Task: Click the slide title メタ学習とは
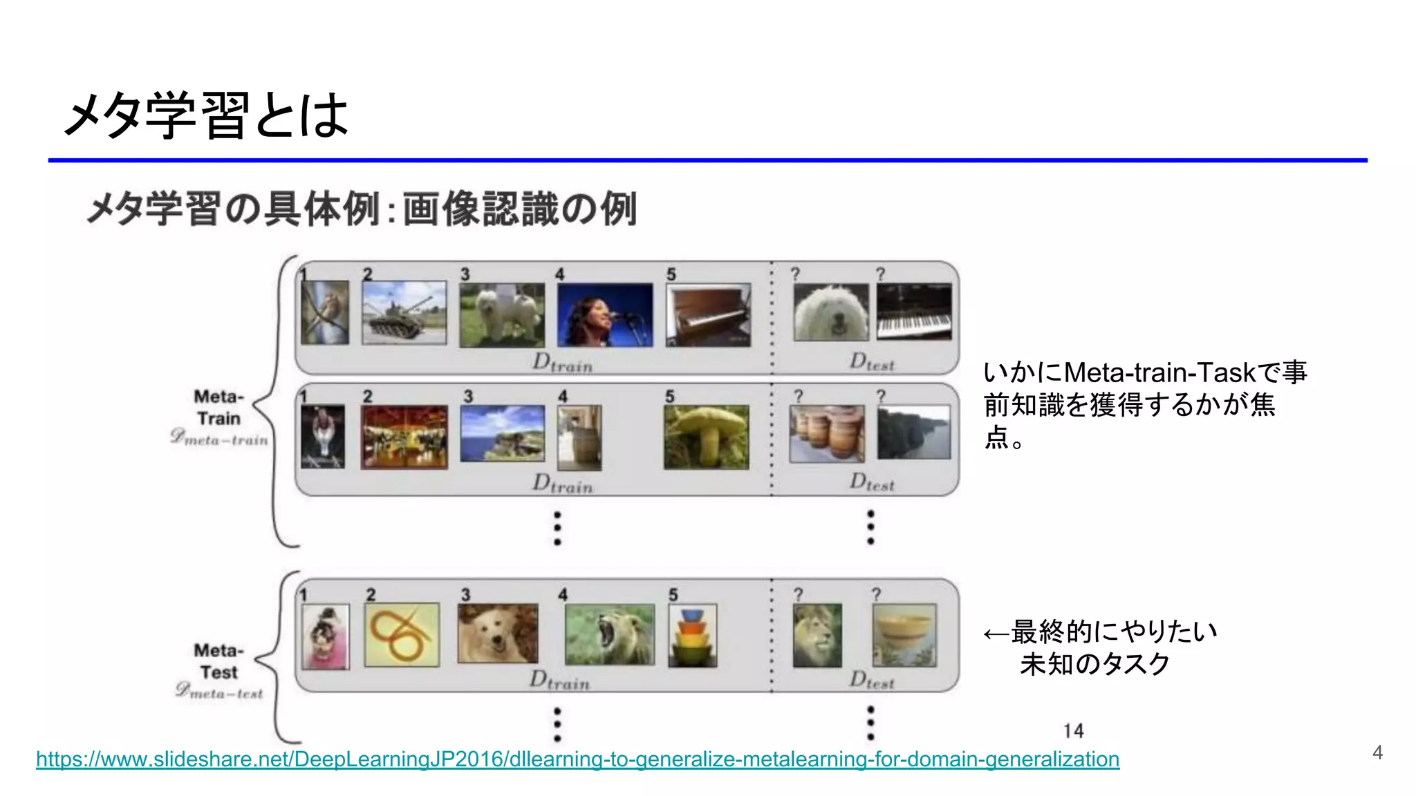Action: (x=206, y=115)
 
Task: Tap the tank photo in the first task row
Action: (x=404, y=312)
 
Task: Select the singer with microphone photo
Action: (x=604, y=314)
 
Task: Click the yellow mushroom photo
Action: (x=706, y=437)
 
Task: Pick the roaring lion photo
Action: (x=609, y=634)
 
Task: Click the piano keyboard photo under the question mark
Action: (x=913, y=312)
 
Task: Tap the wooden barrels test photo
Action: (x=827, y=433)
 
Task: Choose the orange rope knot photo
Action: (x=402, y=635)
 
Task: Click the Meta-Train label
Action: (x=219, y=408)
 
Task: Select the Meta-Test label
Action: (x=219, y=661)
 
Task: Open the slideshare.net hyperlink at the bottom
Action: (x=577, y=759)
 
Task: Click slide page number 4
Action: (x=1377, y=752)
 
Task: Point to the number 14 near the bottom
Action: (x=1073, y=731)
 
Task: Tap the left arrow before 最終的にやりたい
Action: (x=996, y=633)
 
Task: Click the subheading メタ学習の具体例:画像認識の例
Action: (x=361, y=209)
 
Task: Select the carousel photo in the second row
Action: (x=404, y=437)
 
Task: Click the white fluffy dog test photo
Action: (x=831, y=312)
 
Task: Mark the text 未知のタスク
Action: (x=1094, y=664)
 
